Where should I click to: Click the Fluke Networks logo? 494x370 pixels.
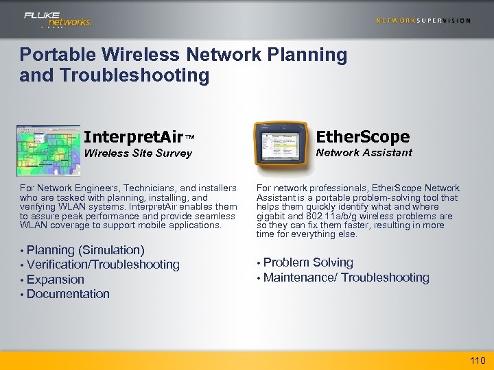click(58, 19)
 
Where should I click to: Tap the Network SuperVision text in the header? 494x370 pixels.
click(423, 21)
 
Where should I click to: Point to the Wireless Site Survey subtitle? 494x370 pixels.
click(138, 153)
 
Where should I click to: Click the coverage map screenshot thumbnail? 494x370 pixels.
click(48, 150)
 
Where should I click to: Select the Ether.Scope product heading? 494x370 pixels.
click(364, 136)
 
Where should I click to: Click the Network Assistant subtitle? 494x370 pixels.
click(364, 152)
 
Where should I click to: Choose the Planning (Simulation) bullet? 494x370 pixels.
click(85, 250)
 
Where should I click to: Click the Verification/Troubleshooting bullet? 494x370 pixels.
click(103, 264)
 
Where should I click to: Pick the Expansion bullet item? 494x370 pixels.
click(56, 280)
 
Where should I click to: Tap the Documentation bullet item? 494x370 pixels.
click(68, 294)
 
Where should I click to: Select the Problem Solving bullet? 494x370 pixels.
click(308, 262)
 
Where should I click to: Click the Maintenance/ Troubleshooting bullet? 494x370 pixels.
click(346, 277)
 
